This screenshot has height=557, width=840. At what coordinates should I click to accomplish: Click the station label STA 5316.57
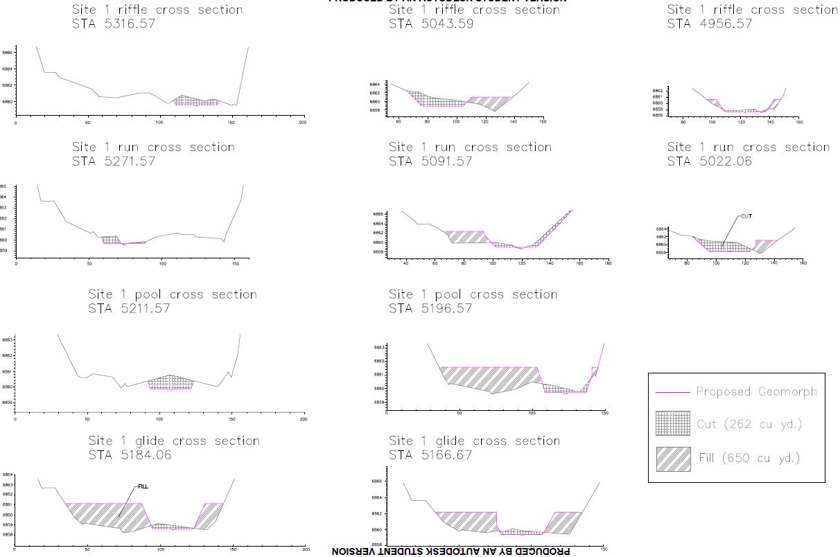[114, 24]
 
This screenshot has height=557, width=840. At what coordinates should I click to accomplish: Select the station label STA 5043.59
[430, 24]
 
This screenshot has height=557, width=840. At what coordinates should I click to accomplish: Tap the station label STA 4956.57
[709, 24]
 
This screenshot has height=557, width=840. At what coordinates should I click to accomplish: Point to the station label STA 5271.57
[114, 161]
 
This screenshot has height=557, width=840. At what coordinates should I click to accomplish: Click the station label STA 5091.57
[430, 161]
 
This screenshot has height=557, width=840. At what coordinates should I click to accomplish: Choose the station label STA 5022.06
[709, 161]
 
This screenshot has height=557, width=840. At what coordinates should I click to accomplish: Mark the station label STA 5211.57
[130, 308]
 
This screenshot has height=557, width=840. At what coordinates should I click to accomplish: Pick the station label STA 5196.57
[430, 308]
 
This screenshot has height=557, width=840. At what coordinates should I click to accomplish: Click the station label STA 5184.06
[130, 455]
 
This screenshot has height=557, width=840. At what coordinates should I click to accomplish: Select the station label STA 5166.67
[430, 455]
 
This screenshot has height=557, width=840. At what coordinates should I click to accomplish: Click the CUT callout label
[746, 216]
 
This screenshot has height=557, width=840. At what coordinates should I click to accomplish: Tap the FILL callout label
[143, 487]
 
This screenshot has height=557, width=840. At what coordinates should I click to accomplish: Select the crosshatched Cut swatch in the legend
[672, 423]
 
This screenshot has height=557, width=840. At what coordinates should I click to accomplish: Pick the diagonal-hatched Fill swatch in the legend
[672, 459]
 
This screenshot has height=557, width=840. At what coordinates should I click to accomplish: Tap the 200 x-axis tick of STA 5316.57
[302, 123]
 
